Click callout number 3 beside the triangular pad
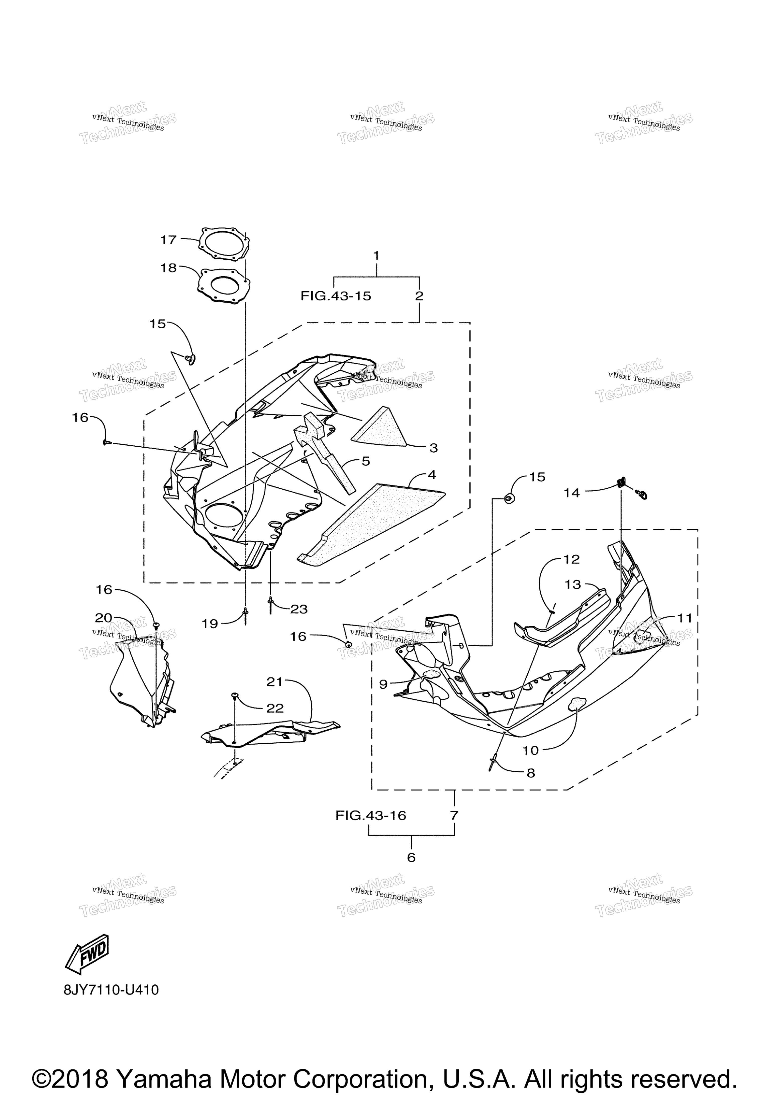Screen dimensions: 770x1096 click(433, 448)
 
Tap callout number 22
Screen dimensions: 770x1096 click(275, 708)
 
